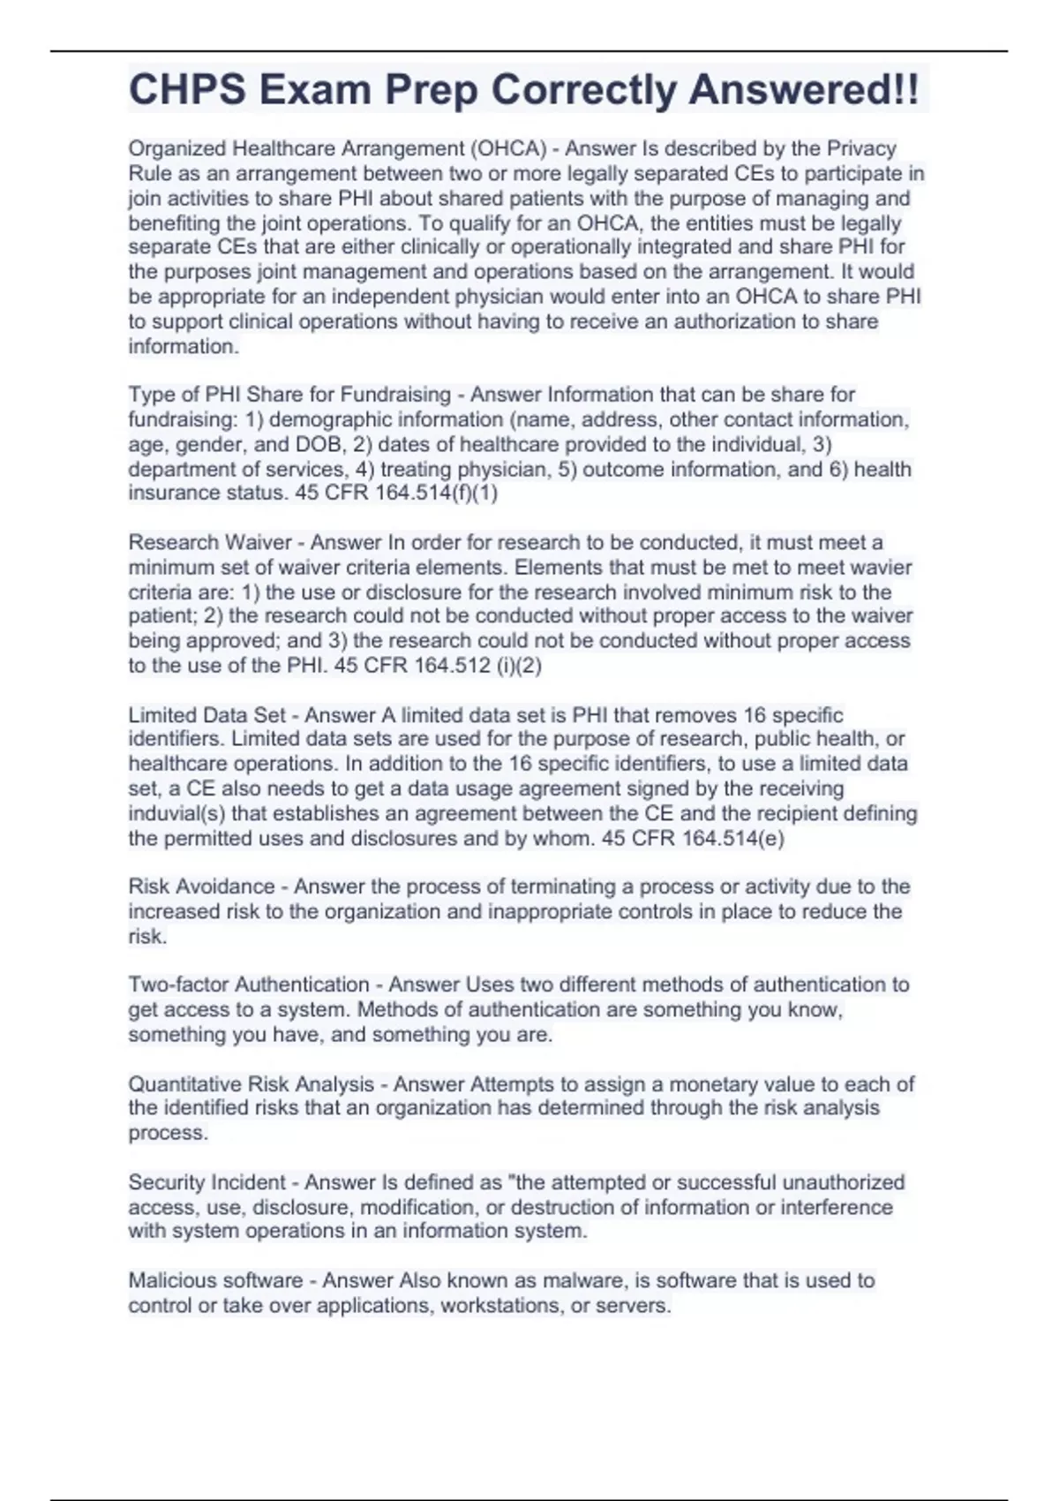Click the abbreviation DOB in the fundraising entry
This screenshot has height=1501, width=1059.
click(319, 444)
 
